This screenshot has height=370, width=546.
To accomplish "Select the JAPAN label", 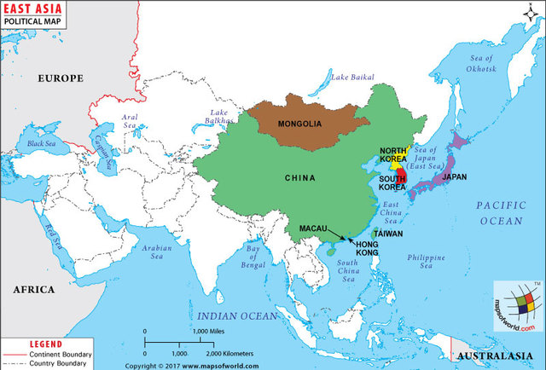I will tap(454, 177).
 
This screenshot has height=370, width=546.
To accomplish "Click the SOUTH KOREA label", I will tap(392, 182).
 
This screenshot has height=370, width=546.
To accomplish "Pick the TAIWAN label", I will tap(387, 233).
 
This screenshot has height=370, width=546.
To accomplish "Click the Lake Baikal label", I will tap(352, 78).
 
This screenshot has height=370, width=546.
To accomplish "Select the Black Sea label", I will tap(41, 143).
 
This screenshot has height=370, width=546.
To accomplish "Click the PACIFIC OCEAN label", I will tap(499, 213).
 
